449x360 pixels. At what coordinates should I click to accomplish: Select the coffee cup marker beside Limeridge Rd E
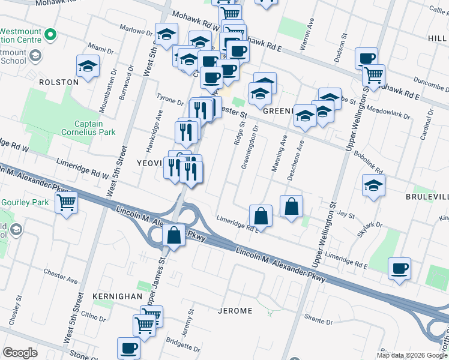[399, 268]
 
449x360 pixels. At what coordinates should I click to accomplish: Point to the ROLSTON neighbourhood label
[59, 82]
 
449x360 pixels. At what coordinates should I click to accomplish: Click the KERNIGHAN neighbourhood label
[118, 296]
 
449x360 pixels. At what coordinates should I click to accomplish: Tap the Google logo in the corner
[20, 353]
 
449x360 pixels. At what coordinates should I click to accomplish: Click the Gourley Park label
[25, 202]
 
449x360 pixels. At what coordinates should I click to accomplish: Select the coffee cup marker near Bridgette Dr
[128, 347]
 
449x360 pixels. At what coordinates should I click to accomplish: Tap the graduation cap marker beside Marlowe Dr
[166, 34]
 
